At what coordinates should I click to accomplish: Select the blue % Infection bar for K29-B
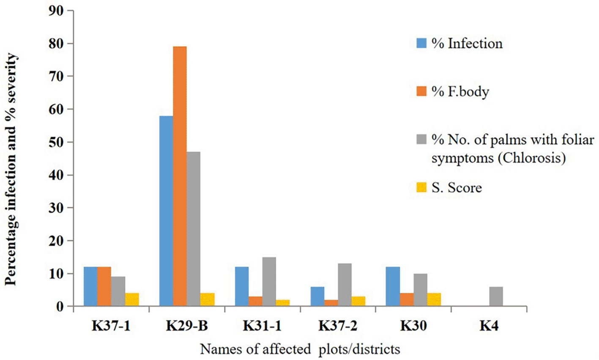166,211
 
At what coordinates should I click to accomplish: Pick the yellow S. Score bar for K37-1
132,300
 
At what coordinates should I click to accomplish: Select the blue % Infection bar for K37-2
317,297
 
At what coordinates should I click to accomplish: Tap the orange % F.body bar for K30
407,300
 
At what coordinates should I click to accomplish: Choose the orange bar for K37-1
104,286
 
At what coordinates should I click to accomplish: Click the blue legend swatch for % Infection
421,43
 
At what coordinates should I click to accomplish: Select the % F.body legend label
460,91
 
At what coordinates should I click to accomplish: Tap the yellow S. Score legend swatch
421,187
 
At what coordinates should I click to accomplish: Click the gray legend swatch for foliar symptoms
421,140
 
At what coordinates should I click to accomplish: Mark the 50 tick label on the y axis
56,142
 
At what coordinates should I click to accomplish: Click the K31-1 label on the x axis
262,327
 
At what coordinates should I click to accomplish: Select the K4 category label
489,327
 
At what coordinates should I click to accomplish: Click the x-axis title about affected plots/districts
300,349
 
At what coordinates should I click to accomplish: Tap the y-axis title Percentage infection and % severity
11,169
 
